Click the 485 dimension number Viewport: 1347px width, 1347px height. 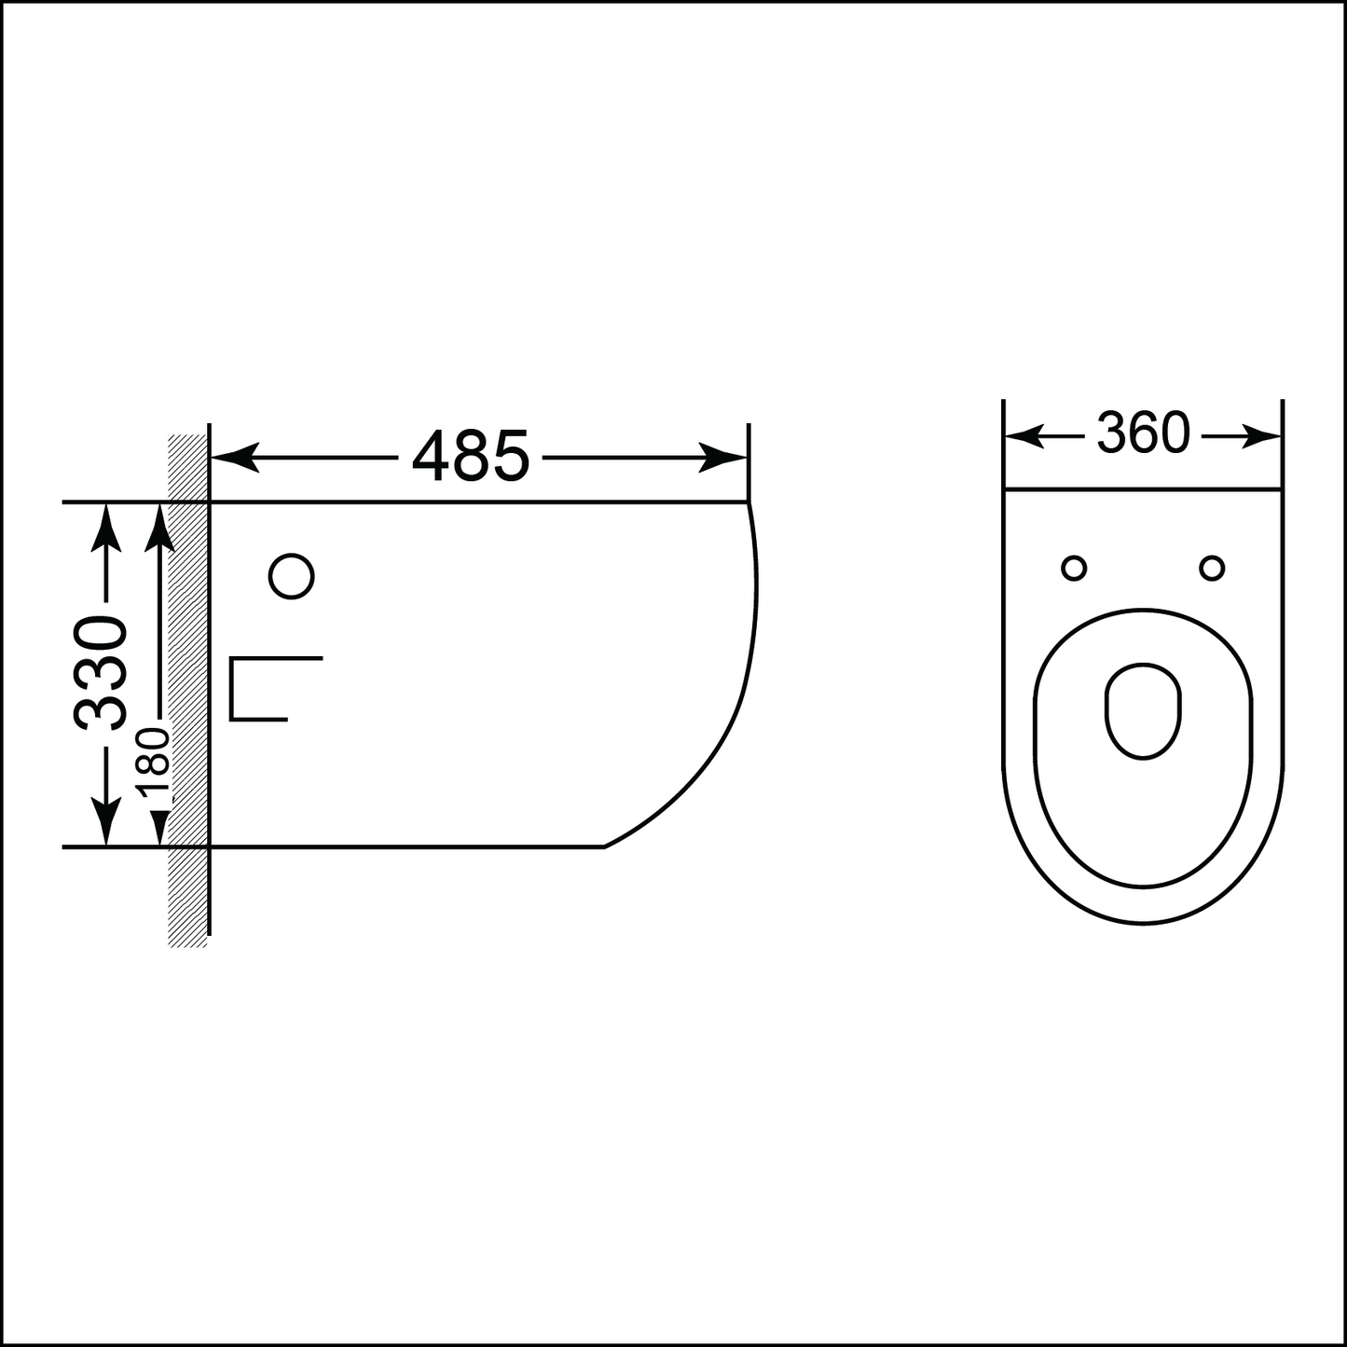(x=471, y=456)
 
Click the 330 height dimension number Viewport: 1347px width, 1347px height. (x=101, y=672)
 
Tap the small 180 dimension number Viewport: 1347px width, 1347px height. (x=153, y=763)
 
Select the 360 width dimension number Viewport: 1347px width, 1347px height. (x=1143, y=433)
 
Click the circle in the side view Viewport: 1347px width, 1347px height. (x=292, y=576)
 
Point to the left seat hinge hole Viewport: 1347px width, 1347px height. (x=1074, y=569)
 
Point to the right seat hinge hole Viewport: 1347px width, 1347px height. (x=1212, y=569)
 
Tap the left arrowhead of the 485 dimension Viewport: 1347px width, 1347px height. (x=235, y=458)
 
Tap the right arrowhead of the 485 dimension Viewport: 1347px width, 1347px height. (x=722, y=458)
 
